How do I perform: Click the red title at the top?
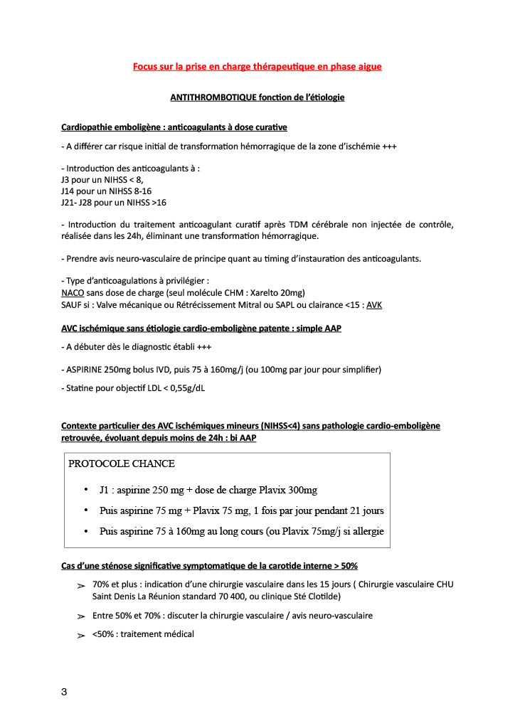257,67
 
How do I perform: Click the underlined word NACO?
74,293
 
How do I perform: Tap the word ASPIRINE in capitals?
87,370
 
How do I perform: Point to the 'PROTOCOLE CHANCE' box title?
122,464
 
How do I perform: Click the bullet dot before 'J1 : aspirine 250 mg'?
85,491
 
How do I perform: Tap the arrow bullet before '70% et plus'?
80,585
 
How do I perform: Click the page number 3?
64,693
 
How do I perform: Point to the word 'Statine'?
78,388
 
